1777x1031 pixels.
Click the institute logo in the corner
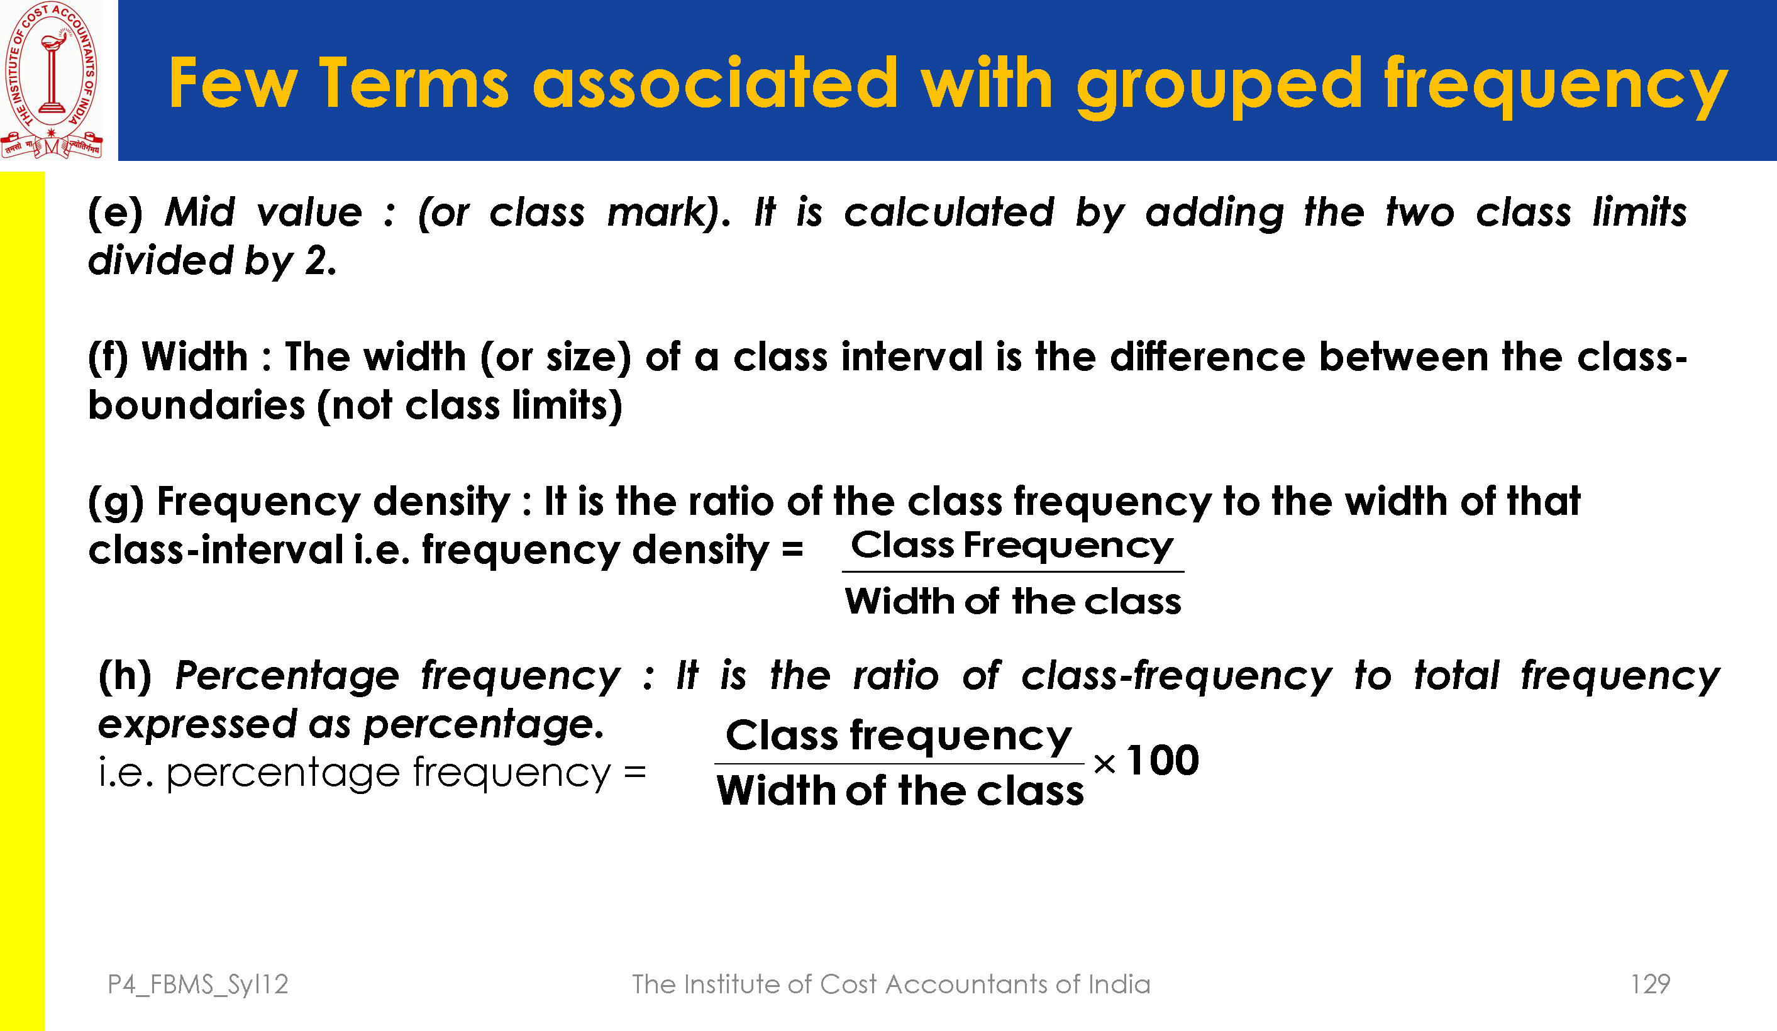52,80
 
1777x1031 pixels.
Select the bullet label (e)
116,212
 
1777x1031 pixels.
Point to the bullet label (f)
109,357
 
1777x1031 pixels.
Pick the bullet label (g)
116,502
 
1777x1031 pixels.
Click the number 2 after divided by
315,261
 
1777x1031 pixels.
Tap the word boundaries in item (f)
197,405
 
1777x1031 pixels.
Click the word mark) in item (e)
668,212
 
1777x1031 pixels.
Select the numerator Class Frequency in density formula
1012,546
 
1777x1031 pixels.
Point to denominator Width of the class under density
1012,602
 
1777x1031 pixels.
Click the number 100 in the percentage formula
1163,760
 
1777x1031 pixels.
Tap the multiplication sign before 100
1104,764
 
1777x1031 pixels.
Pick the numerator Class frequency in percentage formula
899,737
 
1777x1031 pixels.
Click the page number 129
1650,984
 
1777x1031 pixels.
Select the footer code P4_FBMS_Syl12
198,984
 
